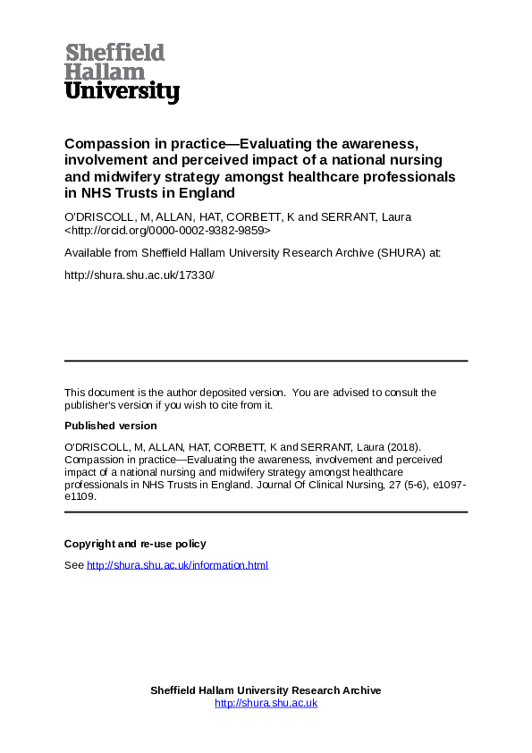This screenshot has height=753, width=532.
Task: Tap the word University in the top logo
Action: click(x=122, y=91)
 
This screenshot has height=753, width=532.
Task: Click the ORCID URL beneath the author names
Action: click(x=167, y=230)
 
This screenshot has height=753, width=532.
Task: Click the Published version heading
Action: click(x=110, y=426)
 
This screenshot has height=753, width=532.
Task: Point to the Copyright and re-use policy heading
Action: click(x=135, y=544)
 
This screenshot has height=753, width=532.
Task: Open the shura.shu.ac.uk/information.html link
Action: click(x=177, y=565)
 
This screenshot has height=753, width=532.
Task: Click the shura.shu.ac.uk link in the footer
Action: click(x=266, y=703)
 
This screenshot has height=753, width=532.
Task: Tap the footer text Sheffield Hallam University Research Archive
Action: click(x=266, y=690)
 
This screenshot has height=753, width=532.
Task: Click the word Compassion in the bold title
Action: click(x=105, y=144)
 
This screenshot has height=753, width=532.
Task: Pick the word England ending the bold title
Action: click(x=209, y=193)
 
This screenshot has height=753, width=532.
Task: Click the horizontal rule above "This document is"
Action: click(x=266, y=360)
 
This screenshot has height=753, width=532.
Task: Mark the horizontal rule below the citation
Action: click(x=266, y=512)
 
